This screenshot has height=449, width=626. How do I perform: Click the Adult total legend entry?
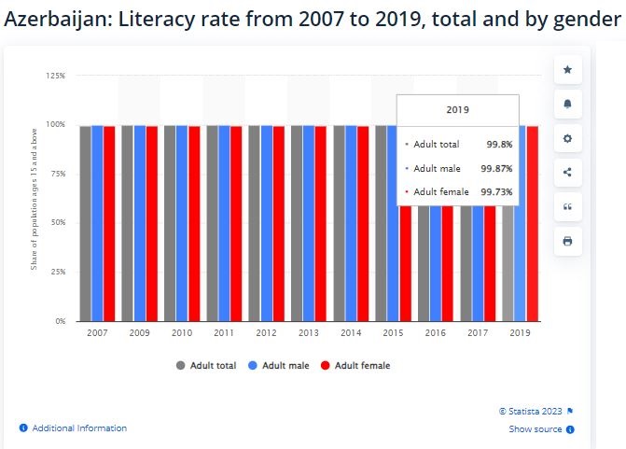(x=206, y=365)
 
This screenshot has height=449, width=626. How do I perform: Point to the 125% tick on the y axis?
(x=56, y=76)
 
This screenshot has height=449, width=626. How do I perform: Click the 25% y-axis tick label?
(x=57, y=272)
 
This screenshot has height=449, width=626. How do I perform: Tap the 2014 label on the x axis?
(x=350, y=331)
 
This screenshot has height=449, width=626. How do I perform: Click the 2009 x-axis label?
(x=139, y=331)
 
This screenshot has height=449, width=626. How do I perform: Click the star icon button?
(x=567, y=70)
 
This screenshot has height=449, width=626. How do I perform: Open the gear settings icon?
(x=567, y=138)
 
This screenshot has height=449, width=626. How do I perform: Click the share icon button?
(x=567, y=173)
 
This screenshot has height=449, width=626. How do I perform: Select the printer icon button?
(x=567, y=241)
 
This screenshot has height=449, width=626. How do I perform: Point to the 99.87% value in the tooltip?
(x=496, y=168)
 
